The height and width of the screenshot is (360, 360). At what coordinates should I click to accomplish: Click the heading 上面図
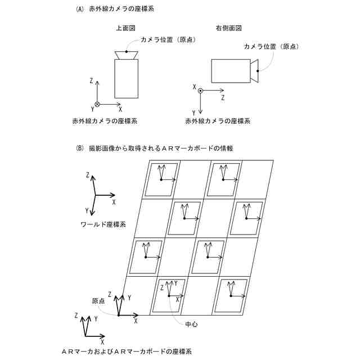click(126, 28)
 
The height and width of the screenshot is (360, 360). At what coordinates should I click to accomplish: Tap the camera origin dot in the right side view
click(258, 71)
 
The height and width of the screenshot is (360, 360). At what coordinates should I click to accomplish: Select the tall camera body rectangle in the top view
click(126, 79)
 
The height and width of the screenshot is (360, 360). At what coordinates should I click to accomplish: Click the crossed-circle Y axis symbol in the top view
click(97, 104)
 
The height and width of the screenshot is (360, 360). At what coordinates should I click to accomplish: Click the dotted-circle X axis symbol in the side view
click(200, 91)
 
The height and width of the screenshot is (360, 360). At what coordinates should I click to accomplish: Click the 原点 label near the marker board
click(98, 301)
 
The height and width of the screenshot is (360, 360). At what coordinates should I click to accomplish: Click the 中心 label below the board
click(191, 325)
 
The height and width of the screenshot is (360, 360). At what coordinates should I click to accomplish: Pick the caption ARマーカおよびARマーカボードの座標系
click(125, 352)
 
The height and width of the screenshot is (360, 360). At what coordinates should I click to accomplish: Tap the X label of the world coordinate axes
click(114, 201)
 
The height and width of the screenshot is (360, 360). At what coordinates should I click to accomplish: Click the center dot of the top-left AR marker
click(161, 179)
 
